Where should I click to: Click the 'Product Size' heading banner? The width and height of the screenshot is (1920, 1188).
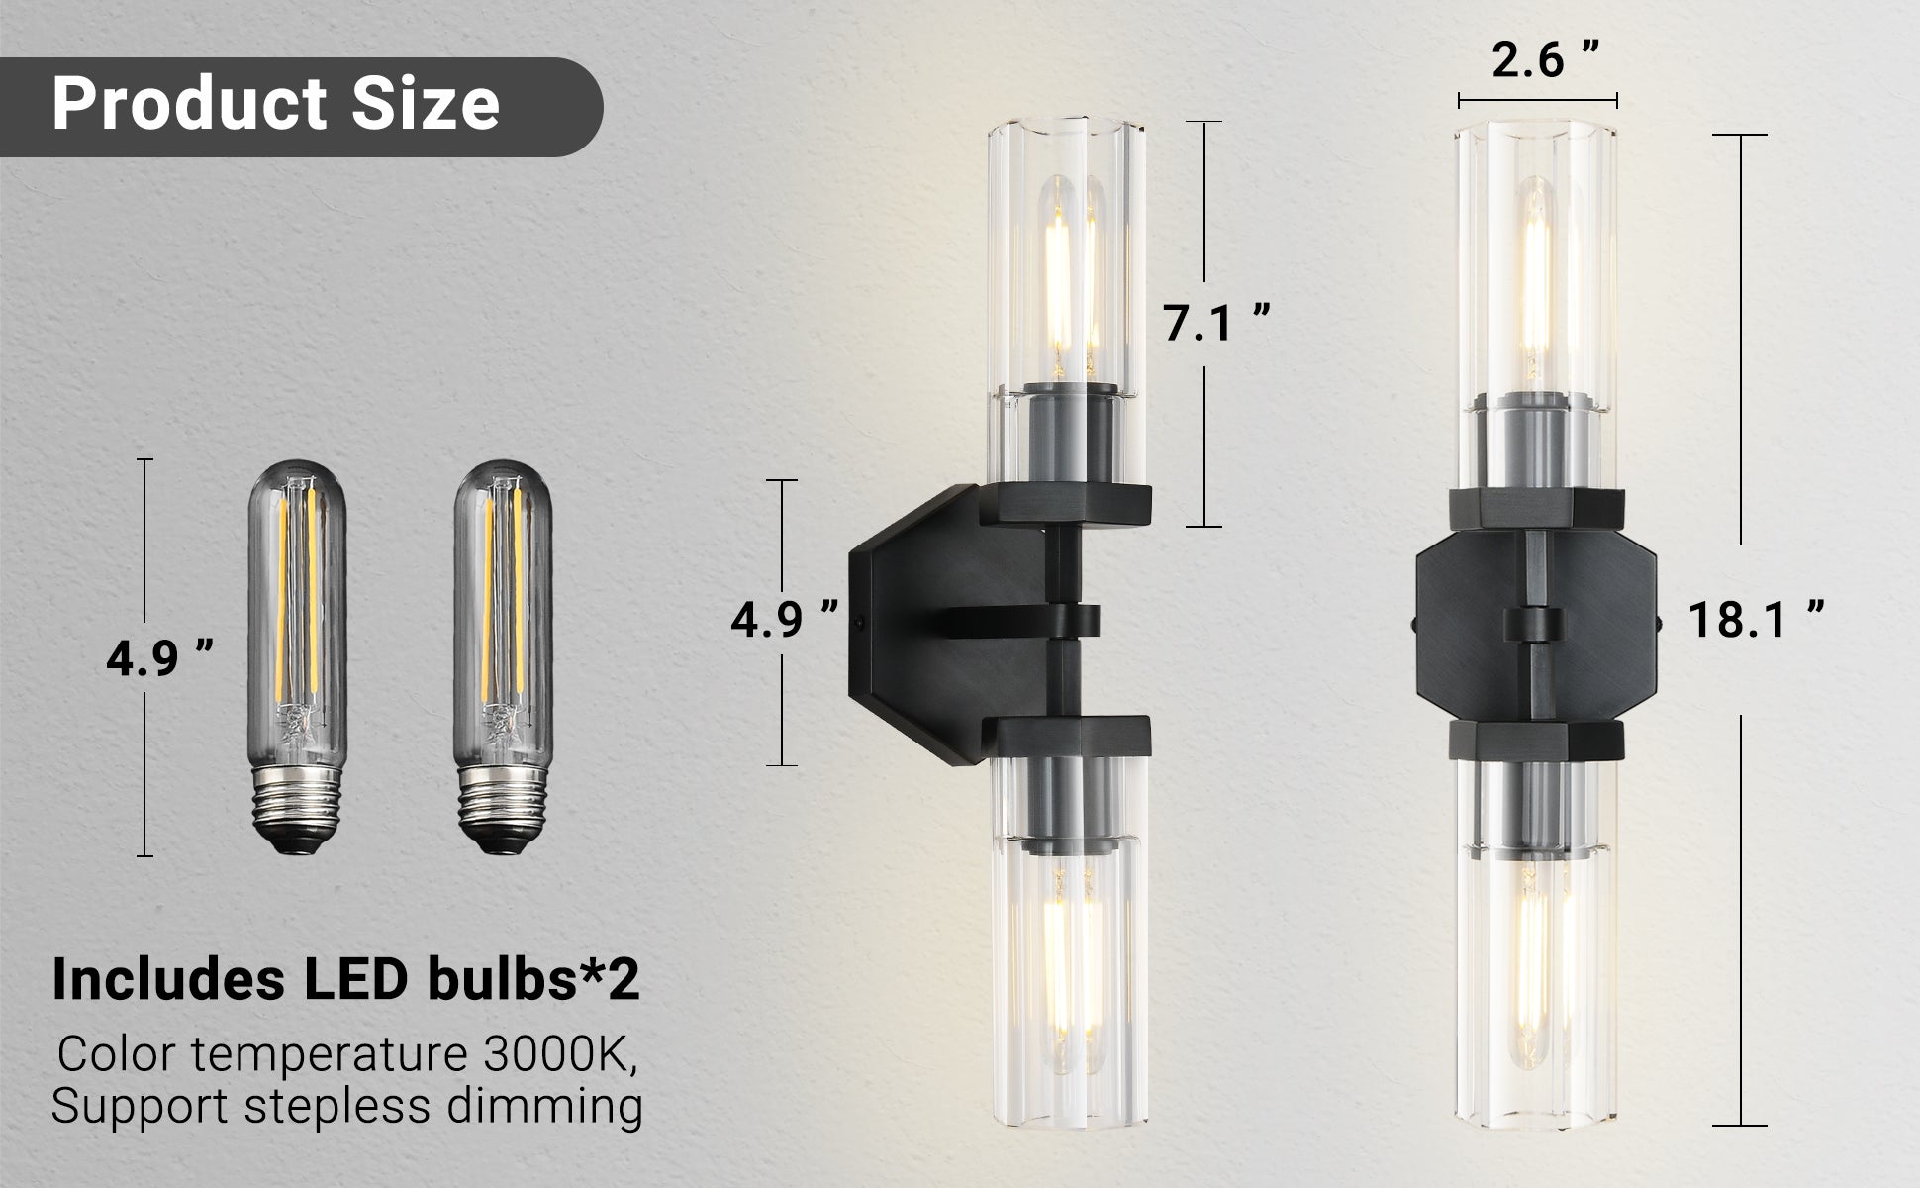[x=277, y=104]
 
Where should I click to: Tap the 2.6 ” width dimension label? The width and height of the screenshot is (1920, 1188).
[x=1545, y=60]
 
